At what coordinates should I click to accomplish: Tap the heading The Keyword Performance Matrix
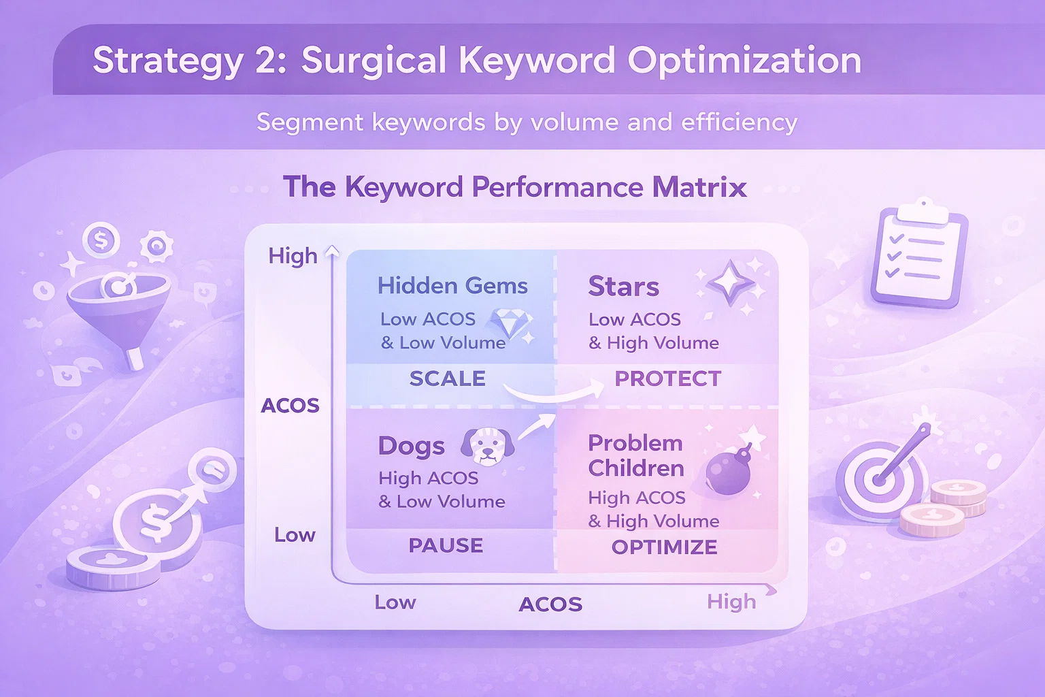pos(515,187)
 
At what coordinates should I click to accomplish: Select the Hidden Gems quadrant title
pos(452,286)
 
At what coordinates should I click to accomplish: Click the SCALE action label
pos(448,378)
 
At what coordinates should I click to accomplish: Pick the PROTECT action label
pos(668,378)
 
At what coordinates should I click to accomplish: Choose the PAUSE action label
pos(446,545)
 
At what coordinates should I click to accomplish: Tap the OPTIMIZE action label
pos(664,547)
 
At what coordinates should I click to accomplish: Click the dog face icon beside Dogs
pos(488,446)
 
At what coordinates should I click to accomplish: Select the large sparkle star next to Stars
pos(730,283)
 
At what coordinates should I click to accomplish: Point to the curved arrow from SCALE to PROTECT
pos(553,396)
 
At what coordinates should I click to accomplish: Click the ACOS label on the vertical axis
pos(291,406)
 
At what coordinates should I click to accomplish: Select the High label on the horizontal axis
pos(731,602)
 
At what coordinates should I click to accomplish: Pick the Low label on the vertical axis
pos(295,535)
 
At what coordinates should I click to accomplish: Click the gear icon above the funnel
pos(156,245)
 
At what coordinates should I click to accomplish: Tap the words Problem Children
pos(636,455)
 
